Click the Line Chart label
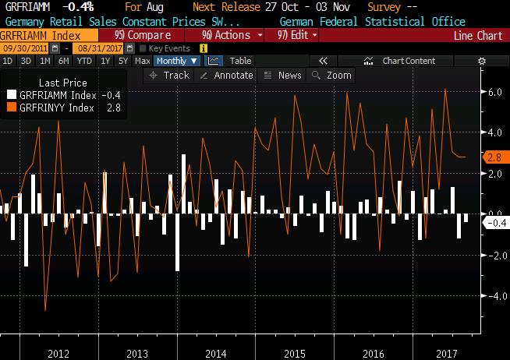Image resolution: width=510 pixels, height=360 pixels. click(478, 35)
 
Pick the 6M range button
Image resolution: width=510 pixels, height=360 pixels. click(64, 61)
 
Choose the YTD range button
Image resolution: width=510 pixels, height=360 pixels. click(84, 61)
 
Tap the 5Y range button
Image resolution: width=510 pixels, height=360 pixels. click(122, 61)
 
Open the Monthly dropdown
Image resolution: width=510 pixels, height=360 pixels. click(176, 61)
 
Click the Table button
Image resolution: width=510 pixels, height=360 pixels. click(240, 61)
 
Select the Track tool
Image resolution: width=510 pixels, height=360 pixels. click(170, 75)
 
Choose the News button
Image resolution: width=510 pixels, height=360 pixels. click(284, 75)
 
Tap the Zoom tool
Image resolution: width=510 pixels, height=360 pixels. click(333, 75)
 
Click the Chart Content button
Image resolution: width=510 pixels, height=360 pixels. click(409, 61)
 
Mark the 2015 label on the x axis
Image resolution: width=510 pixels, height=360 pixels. click(294, 353)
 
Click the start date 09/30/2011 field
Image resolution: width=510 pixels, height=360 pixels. click(20, 48)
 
